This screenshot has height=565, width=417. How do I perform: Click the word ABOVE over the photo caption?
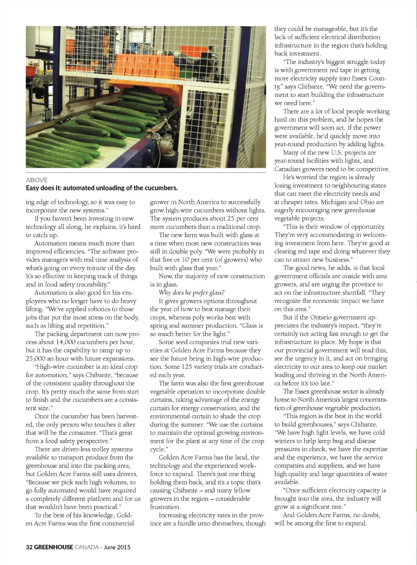(x=37, y=180)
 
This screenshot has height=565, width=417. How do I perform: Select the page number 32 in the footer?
(x=29, y=547)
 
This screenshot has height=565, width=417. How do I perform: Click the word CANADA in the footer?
(x=87, y=547)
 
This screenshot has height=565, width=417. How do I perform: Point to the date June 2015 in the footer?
(x=117, y=547)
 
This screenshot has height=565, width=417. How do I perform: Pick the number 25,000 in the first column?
(x=36, y=359)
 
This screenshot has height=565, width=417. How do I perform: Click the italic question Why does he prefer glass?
(x=191, y=293)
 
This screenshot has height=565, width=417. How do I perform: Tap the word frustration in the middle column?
(x=165, y=507)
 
